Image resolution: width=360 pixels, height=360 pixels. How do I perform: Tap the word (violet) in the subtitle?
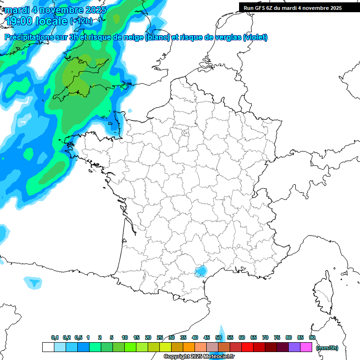tap(255, 37)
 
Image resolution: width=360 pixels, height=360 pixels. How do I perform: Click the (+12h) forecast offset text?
tap(81, 21)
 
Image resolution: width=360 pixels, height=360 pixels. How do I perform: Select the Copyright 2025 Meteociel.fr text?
tap(199, 356)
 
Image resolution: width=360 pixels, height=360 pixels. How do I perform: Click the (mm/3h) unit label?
tap(327, 347)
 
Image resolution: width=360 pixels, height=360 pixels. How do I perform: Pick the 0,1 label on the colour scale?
tap(54, 337)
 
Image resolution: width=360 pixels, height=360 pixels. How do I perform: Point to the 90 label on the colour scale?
tap(312, 337)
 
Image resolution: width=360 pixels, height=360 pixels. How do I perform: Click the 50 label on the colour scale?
tap(218, 337)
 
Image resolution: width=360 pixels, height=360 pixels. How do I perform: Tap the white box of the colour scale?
tap(48, 347)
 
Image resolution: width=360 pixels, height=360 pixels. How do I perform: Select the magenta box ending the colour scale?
tap(306, 347)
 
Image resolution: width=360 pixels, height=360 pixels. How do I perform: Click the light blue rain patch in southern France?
tap(202, 270)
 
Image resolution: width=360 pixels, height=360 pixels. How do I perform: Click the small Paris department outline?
tap(185, 135)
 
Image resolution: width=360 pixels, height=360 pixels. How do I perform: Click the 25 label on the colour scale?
tap(160, 337)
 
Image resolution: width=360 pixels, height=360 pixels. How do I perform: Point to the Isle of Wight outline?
tap(126, 85)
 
